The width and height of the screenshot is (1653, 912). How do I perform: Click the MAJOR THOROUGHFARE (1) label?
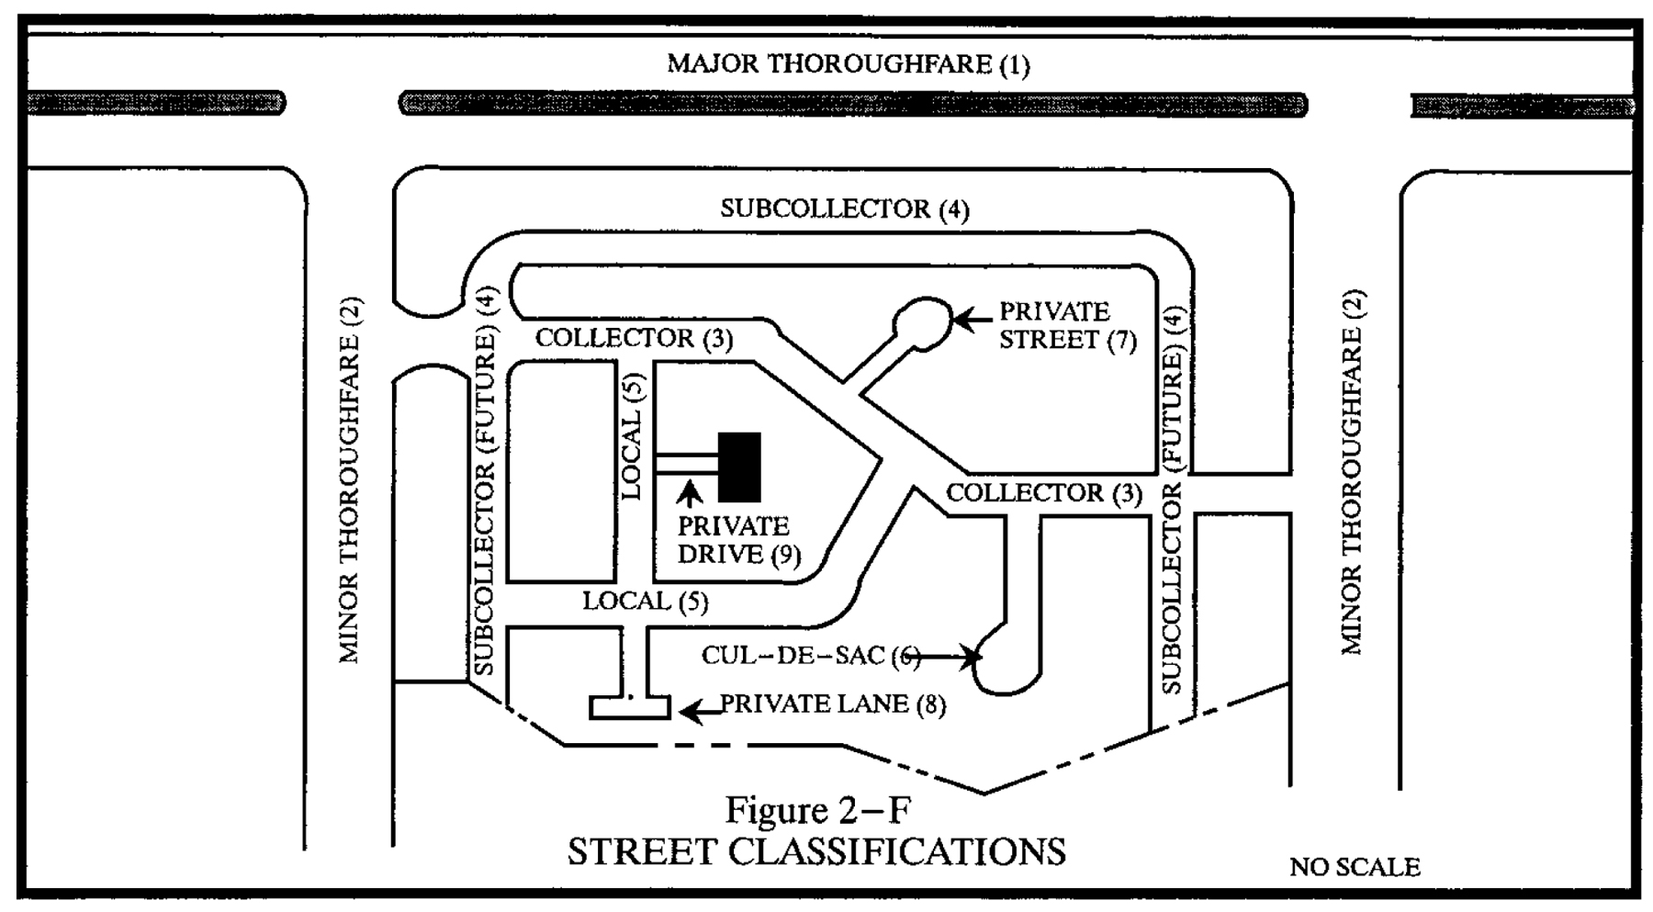tap(848, 64)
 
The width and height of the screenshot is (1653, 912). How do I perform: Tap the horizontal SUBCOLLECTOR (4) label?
tap(844, 209)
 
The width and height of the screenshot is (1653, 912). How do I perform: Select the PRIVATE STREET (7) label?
tap(1067, 326)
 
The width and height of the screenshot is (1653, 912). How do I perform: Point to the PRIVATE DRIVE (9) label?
tap(738, 540)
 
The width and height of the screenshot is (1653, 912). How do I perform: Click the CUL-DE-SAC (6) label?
tap(810, 655)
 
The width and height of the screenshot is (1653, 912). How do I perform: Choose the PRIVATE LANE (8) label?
tap(832, 704)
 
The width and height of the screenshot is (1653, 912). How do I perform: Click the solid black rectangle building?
tap(739, 467)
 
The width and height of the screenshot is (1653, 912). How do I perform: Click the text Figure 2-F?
tap(818, 810)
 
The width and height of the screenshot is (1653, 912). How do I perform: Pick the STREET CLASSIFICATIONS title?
tap(816, 851)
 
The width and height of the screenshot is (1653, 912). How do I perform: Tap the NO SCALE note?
tap(1355, 866)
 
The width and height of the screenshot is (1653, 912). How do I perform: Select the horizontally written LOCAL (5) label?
tap(645, 602)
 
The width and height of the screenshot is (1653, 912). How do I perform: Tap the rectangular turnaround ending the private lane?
tap(630, 707)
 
